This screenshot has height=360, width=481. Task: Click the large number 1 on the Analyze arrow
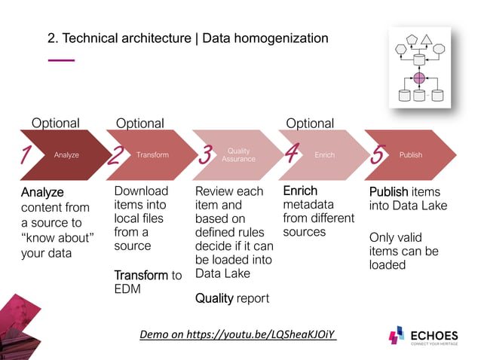click(x=26, y=155)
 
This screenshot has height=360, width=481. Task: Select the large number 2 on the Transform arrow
click(x=116, y=155)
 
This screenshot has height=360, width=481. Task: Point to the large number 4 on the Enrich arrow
click(x=292, y=154)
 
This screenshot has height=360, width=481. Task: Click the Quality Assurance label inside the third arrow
click(x=238, y=154)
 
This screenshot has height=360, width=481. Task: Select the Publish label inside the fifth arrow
click(x=411, y=155)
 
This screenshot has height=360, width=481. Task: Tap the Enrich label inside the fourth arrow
click(x=324, y=155)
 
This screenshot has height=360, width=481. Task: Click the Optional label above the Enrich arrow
click(x=310, y=123)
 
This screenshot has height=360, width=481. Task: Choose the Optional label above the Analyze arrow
click(x=55, y=123)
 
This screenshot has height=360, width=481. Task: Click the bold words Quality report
click(x=232, y=298)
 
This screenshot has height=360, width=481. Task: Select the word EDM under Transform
click(x=127, y=289)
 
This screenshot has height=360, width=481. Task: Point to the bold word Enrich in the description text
click(x=300, y=191)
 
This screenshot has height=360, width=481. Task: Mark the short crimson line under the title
click(x=61, y=59)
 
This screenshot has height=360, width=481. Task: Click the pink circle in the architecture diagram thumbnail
click(x=419, y=78)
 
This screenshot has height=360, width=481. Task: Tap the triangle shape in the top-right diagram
click(x=426, y=39)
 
